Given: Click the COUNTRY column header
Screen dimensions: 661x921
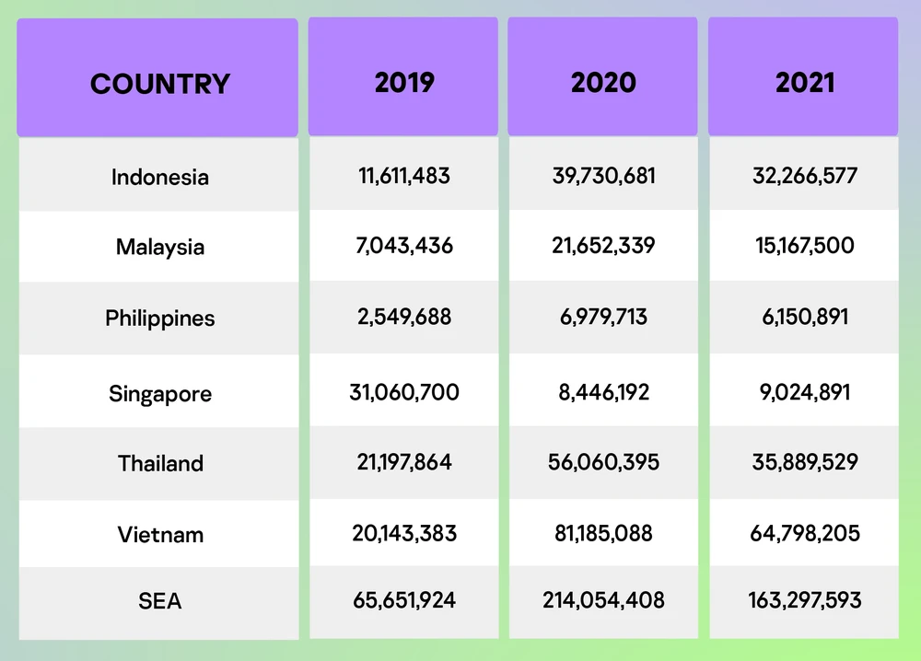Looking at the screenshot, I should point(159,84).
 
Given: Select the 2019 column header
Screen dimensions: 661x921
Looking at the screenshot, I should point(404,82).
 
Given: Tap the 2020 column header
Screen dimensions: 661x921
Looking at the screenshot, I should point(603,82).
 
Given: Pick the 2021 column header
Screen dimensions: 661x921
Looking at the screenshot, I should point(805,82).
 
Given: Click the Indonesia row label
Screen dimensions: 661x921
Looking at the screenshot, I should point(160,177).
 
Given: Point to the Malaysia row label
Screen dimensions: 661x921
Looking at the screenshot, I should point(160,247).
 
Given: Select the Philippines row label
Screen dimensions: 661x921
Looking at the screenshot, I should point(160,319).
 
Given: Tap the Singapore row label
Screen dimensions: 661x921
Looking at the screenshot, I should point(160,394).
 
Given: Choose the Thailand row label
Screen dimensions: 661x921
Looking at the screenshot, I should point(160,463).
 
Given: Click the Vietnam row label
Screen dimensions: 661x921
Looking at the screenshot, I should point(160,534).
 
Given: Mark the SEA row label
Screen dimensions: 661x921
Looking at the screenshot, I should point(160,601).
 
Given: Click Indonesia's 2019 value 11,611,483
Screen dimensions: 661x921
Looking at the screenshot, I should point(404,175).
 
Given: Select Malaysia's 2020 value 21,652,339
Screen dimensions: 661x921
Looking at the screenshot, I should point(603,246).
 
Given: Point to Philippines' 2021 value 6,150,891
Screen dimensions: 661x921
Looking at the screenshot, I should point(805,317).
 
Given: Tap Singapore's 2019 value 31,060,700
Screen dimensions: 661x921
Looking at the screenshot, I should point(404,392).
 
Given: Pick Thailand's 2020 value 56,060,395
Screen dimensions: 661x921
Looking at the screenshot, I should point(603,461).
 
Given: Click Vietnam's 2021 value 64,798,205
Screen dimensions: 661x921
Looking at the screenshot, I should point(805,532).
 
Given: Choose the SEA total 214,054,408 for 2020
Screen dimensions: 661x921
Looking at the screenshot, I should point(603,600).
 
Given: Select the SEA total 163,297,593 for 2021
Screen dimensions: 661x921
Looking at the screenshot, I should point(805,600).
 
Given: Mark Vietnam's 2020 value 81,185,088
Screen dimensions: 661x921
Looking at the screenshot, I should point(603,532).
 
